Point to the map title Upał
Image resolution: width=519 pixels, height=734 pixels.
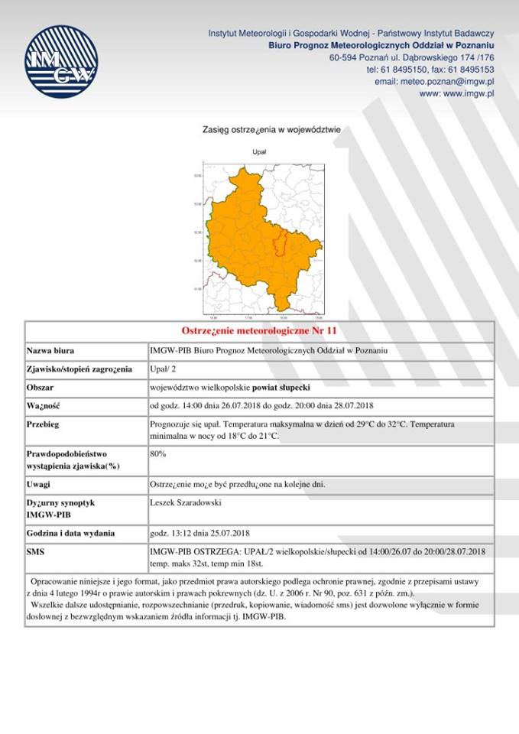[x=260, y=152]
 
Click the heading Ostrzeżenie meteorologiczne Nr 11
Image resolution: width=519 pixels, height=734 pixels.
[x=259, y=331]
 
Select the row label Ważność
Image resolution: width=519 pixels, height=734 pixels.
[x=43, y=406]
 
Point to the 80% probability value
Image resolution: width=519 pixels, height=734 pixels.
[x=158, y=454]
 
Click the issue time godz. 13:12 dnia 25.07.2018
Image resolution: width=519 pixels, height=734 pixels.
[x=200, y=532]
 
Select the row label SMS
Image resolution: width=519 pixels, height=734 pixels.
[x=36, y=550]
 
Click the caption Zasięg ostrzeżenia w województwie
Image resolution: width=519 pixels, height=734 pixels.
[x=260, y=130]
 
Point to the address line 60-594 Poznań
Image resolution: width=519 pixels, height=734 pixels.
[x=411, y=57]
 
